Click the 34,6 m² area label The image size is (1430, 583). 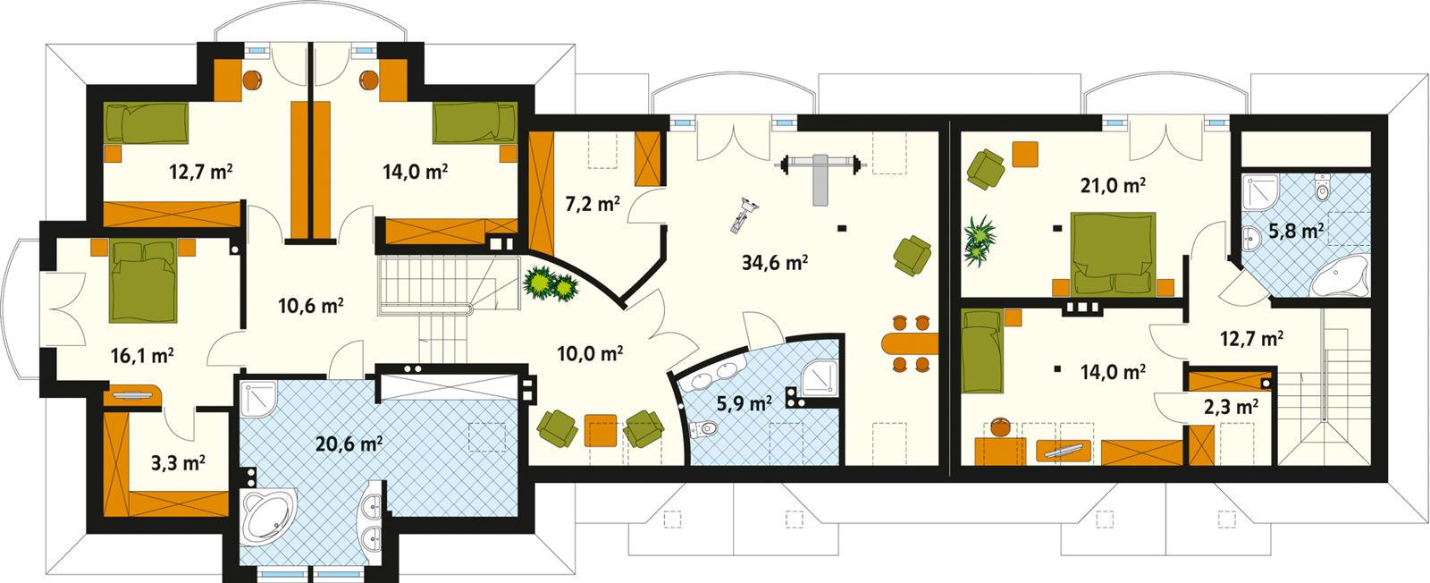(775, 262)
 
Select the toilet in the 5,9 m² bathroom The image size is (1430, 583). (709, 431)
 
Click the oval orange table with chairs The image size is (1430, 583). (908, 342)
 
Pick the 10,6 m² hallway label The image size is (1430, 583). (310, 306)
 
